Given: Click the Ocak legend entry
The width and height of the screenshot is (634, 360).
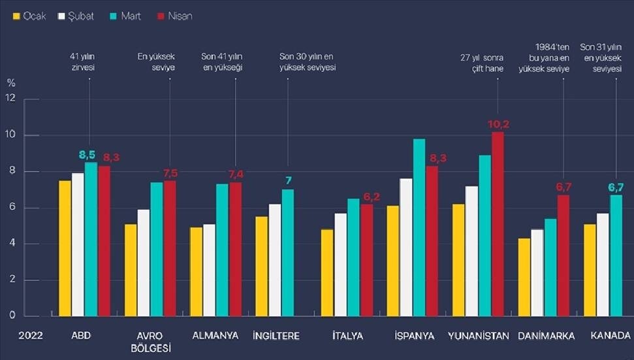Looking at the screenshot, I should tap(29, 16).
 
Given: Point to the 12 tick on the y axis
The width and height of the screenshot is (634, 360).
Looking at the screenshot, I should tap(10, 99).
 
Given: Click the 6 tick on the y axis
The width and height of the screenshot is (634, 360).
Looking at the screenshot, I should tap(10, 208).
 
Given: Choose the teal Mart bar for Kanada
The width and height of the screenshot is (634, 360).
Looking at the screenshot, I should tap(616, 255).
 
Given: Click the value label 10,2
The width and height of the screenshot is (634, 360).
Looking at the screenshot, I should tap(498, 124).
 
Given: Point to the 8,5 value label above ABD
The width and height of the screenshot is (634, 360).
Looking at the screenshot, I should tap(87, 155).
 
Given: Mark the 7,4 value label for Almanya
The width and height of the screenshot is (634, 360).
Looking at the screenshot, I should tap(236, 174).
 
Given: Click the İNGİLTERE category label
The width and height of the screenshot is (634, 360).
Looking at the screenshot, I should tap(276, 336).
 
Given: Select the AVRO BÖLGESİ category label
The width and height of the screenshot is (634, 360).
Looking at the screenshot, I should tap(151, 342).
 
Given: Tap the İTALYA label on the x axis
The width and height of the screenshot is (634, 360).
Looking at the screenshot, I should tap(347, 336).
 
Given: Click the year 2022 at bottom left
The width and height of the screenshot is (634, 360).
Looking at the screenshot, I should tap(31, 336).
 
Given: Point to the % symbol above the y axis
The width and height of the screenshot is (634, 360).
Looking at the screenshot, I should tap(10, 82).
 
